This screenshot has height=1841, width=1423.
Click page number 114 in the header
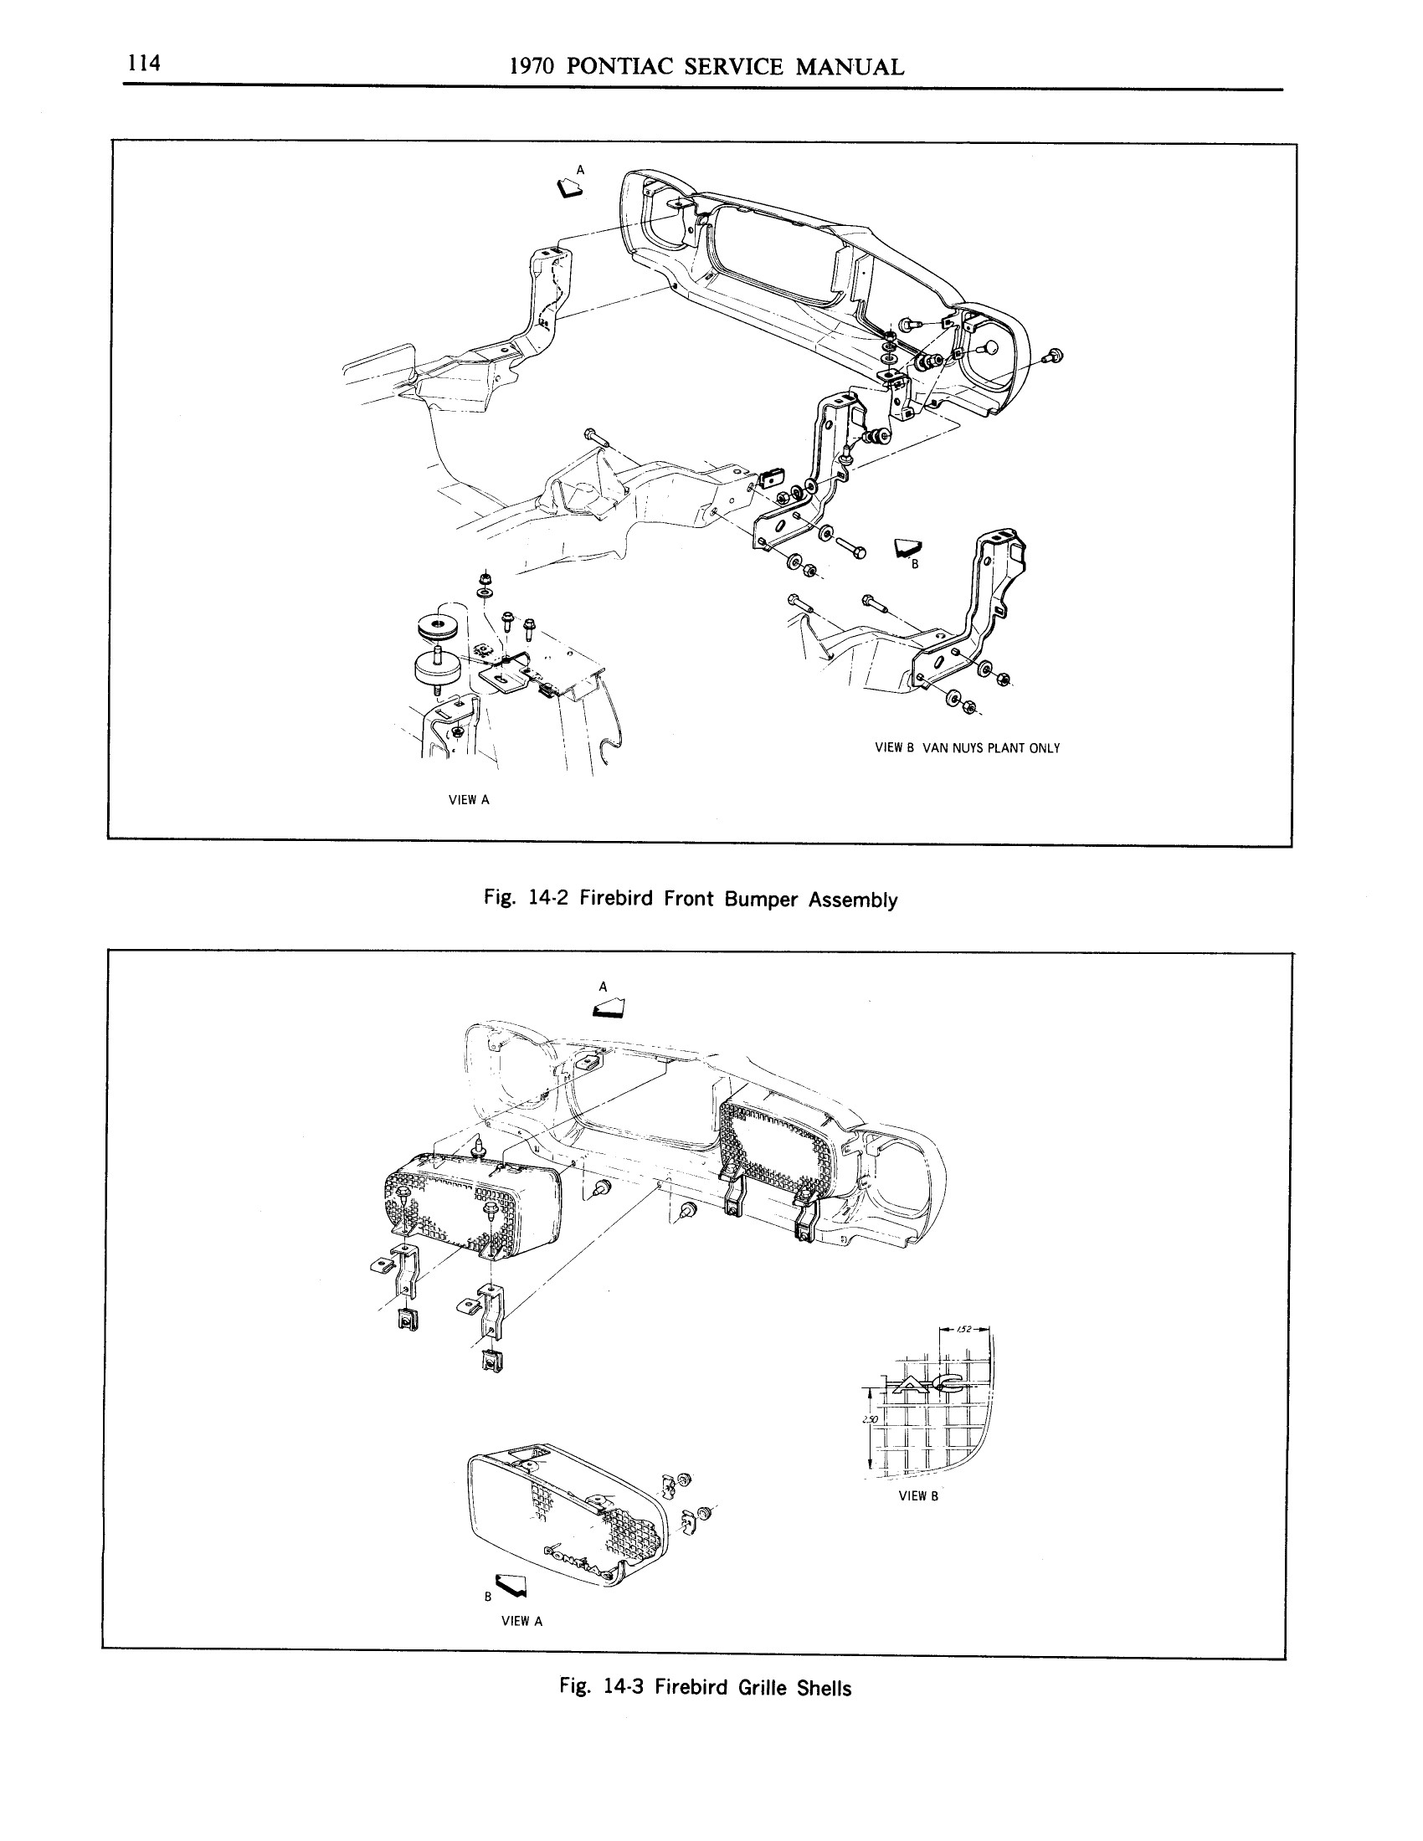coord(144,64)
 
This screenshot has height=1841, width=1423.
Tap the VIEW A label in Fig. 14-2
coord(469,800)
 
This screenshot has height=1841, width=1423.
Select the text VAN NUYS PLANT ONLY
coord(991,747)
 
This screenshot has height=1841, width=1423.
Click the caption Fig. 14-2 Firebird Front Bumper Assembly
coord(691,899)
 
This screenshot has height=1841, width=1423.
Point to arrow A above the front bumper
coord(570,188)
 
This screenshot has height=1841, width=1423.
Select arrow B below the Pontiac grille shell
coord(511,1585)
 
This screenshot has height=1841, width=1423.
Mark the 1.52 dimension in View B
coord(965,1330)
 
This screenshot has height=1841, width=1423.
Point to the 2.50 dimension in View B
coord(871,1419)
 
